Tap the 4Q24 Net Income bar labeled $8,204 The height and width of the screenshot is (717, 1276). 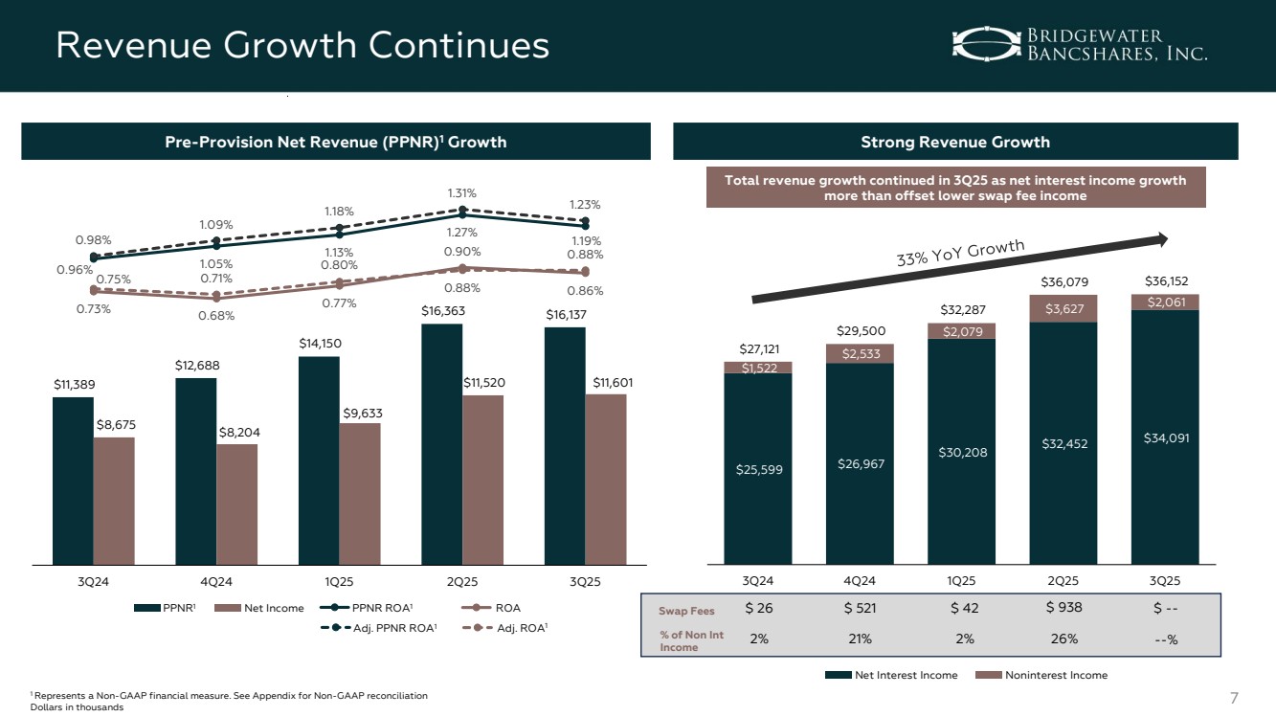pos(236,503)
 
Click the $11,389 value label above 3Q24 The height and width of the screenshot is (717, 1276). pos(74,384)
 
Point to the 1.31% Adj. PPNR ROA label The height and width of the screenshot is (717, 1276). pos(462,192)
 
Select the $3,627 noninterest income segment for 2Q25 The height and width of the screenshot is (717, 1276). pos(1063,308)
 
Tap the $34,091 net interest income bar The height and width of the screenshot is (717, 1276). pos(1164,438)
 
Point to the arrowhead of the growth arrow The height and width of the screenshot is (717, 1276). pos(1162,239)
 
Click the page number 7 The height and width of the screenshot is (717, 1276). pos(1233,694)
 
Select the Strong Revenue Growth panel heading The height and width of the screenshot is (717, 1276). pos(955,142)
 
